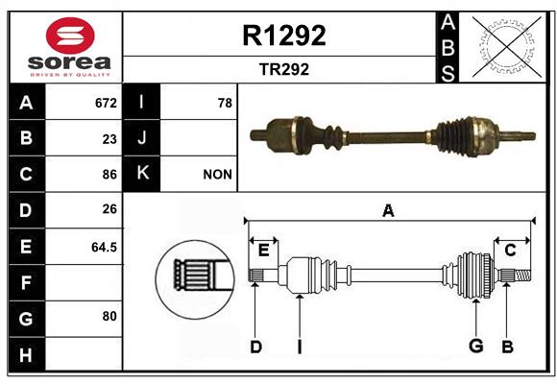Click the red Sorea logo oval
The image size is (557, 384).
click(x=70, y=36)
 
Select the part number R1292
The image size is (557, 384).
click(x=284, y=36)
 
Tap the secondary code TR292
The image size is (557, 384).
click(x=284, y=69)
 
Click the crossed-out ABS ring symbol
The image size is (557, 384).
click(x=507, y=46)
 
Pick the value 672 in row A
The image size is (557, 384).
click(x=106, y=103)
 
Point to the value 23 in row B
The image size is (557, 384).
click(x=109, y=139)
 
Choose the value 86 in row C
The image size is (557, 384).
click(x=109, y=175)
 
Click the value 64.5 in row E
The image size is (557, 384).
click(x=104, y=247)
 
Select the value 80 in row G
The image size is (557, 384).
click(x=109, y=316)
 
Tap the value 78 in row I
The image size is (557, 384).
click(x=225, y=103)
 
